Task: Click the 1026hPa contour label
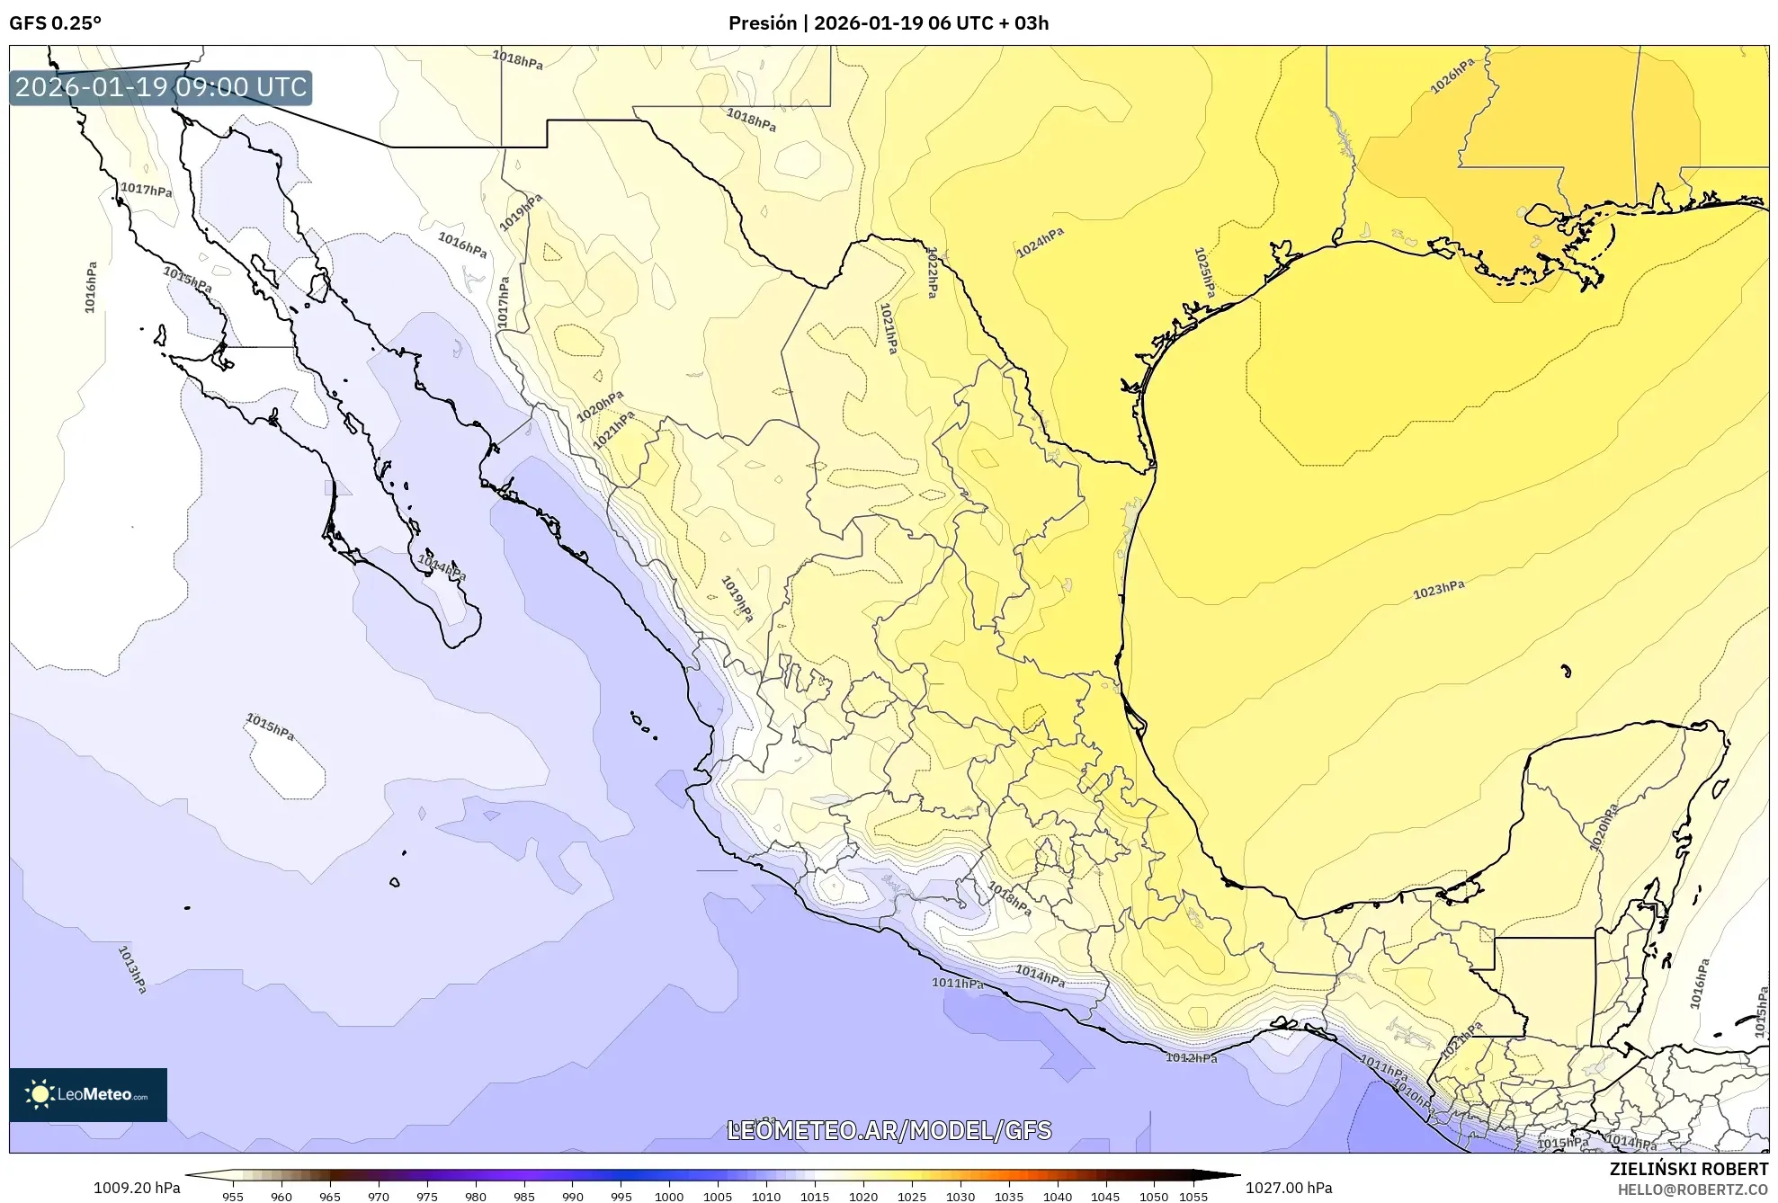1452,76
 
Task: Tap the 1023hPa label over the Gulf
1438,590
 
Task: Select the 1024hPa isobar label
1040,243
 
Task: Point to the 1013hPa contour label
132,969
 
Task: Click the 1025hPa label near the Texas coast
1204,272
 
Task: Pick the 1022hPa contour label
933,272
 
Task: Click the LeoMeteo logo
88,1094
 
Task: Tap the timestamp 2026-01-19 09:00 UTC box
161,87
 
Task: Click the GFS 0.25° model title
55,23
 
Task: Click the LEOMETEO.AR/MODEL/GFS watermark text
889,1130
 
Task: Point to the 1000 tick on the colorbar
669,1196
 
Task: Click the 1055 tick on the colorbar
1193,1196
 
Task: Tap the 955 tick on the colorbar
233,1196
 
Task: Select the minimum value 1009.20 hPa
137,1188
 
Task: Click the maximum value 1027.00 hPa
1288,1188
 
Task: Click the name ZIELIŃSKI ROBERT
1688,1169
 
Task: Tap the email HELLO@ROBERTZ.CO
1693,1190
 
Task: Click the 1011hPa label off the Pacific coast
957,983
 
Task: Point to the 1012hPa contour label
1191,1057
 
